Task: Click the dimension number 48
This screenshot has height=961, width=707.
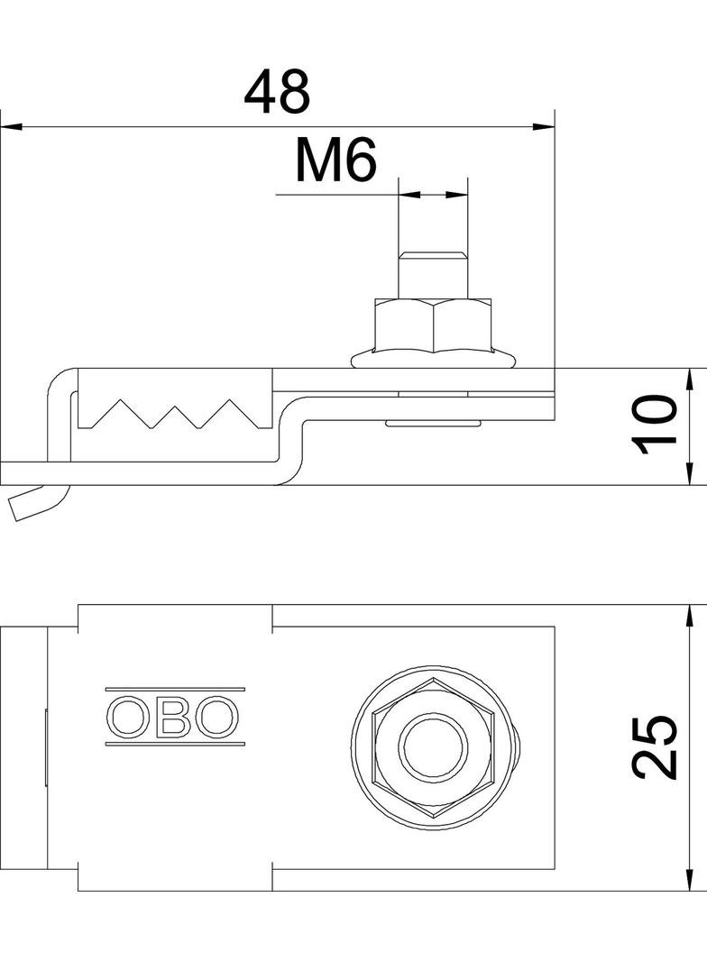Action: coord(277,91)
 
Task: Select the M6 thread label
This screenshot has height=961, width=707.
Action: coord(335,162)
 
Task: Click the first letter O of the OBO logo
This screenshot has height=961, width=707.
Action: coord(127,718)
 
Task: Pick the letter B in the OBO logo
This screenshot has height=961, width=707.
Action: coord(174,718)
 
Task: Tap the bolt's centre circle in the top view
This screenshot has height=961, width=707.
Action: coord(434,747)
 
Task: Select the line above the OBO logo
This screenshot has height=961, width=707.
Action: coord(174,691)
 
